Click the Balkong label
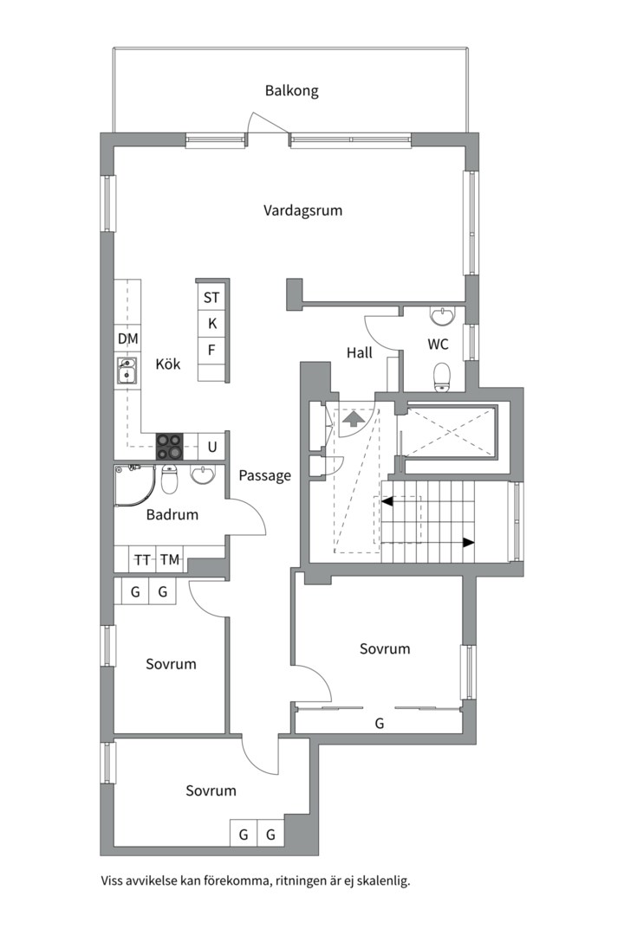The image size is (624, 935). [x=291, y=91]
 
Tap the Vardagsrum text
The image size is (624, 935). [x=302, y=210]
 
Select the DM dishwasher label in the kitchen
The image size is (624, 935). [x=127, y=339]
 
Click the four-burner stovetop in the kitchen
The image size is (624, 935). [x=170, y=446]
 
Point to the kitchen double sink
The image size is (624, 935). [x=127, y=371]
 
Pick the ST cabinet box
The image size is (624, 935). [x=211, y=297]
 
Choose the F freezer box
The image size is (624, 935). [x=211, y=350]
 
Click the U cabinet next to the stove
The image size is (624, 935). [x=212, y=447]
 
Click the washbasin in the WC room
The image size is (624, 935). [x=442, y=316]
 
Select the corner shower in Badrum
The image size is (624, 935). [x=134, y=486]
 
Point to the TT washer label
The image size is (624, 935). [x=142, y=560]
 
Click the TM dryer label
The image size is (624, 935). [x=170, y=560]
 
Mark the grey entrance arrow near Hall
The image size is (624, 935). [x=354, y=418]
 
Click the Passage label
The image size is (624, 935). [x=265, y=476]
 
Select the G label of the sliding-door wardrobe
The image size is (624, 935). [x=380, y=723]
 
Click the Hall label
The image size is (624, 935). [x=360, y=353]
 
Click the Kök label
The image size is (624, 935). [x=168, y=364]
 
